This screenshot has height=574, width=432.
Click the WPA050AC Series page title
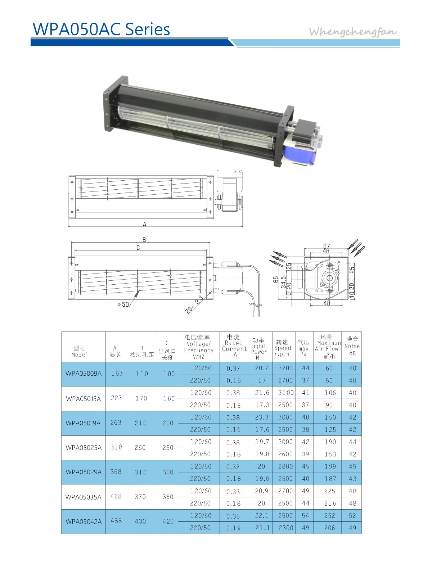101,29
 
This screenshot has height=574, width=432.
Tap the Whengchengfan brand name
352,32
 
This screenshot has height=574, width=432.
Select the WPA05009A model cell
84,373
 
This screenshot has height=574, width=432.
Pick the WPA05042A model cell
84,521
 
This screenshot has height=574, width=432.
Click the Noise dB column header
352,346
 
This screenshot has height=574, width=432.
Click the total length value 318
116,447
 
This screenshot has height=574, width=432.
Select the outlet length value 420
168,521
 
